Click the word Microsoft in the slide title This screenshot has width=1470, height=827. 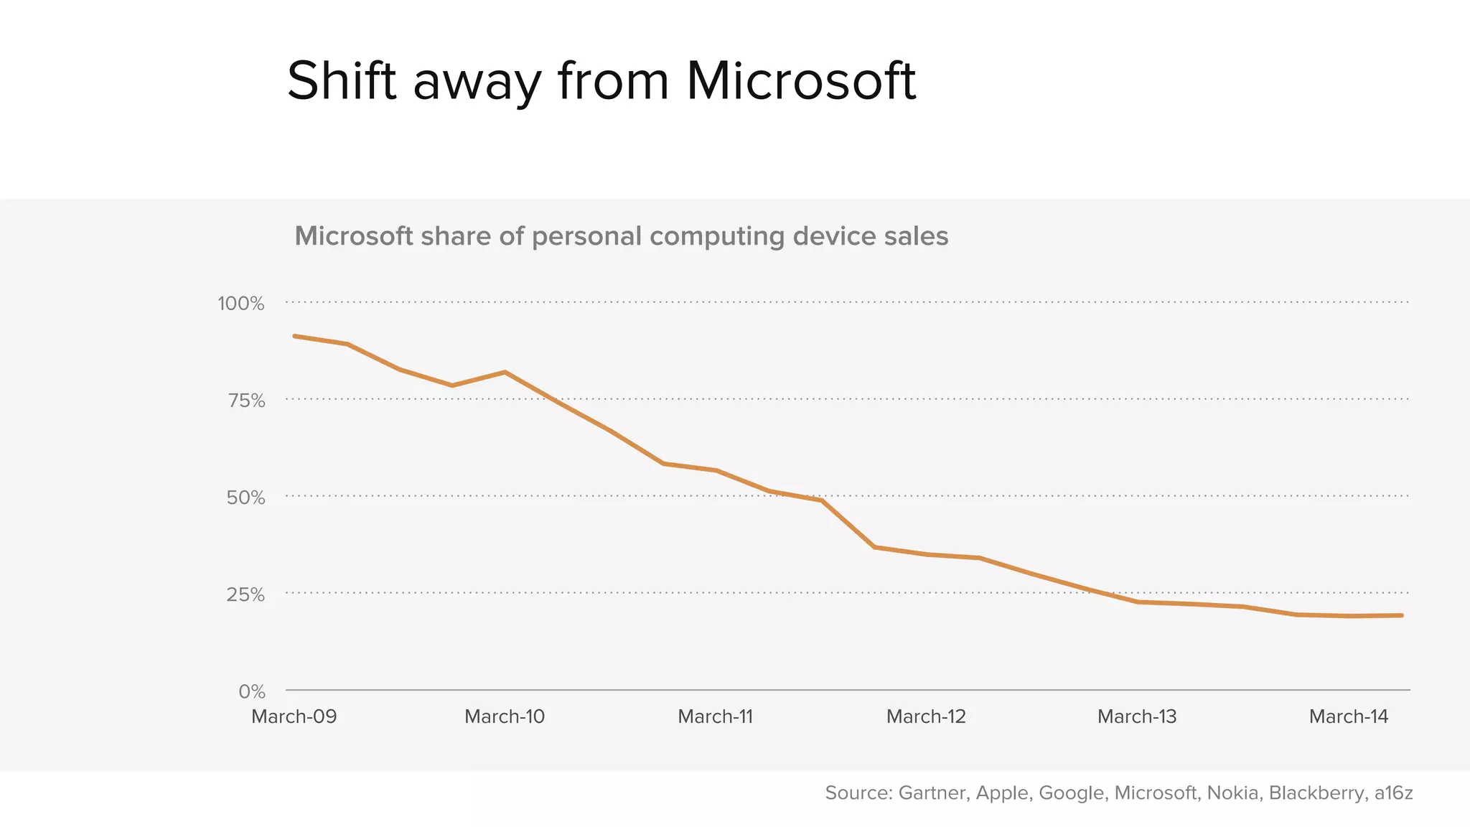pyautogui.click(x=800, y=81)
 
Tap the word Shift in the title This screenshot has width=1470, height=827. pyautogui.click(x=342, y=81)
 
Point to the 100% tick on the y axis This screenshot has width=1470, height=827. pyautogui.click(x=241, y=304)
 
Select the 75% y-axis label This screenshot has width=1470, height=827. pyautogui.click(x=246, y=401)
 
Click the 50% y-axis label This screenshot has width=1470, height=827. pyautogui.click(x=245, y=497)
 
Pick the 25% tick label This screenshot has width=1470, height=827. pyautogui.click(x=245, y=594)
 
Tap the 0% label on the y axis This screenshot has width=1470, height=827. pyautogui.click(x=252, y=691)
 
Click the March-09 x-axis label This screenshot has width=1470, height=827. pyautogui.click(x=294, y=716)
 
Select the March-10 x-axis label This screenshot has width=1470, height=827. pyautogui.click(x=505, y=716)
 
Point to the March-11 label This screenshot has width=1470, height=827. pyautogui.click(x=716, y=716)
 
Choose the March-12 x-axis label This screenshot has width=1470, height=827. pyautogui.click(x=926, y=716)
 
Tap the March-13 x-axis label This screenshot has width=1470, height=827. pyautogui.click(x=1137, y=716)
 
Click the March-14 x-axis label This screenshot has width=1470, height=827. pyautogui.click(x=1349, y=716)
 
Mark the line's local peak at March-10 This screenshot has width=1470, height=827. pyautogui.click(x=505, y=372)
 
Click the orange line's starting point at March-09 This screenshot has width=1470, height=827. pyautogui.click(x=295, y=336)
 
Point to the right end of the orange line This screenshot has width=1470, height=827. pyautogui.click(x=1401, y=615)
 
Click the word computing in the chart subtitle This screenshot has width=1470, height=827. pyautogui.click(x=717, y=236)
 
